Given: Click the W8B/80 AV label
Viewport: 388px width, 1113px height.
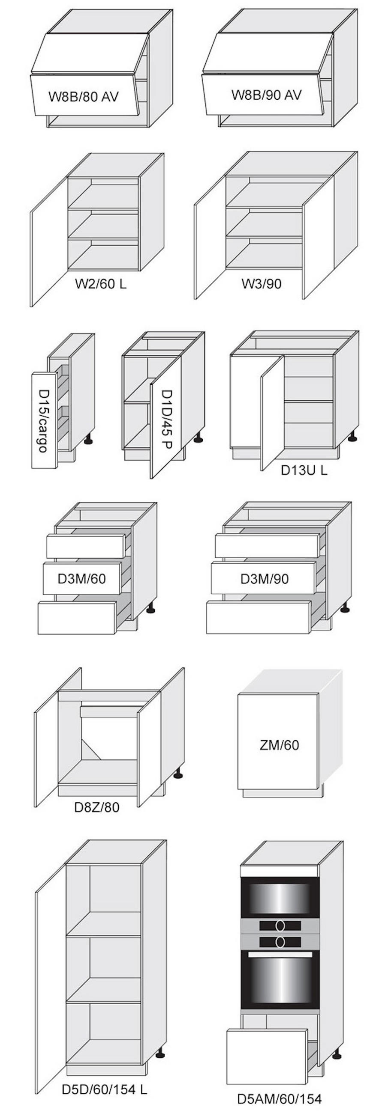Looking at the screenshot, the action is tap(83, 96).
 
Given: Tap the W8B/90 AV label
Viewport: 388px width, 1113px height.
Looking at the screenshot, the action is tap(266, 95).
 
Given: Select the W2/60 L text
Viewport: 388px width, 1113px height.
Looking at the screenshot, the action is tap(101, 284).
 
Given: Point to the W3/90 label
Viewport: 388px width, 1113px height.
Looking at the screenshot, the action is tap(261, 283).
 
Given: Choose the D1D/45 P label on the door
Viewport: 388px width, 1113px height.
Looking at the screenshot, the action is tap(166, 420).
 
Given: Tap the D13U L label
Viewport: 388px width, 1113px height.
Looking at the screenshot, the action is tap(304, 470).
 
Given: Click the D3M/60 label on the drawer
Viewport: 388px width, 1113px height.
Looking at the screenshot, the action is tap(82, 578).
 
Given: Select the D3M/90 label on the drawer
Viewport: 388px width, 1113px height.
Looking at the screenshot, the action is tap(264, 578).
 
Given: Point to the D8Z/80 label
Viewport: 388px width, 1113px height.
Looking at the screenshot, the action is tap(96, 806).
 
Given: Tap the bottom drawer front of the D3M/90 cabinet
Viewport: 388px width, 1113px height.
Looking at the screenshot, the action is tap(259, 617).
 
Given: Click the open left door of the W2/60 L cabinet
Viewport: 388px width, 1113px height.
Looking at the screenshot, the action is tap(49, 241).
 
